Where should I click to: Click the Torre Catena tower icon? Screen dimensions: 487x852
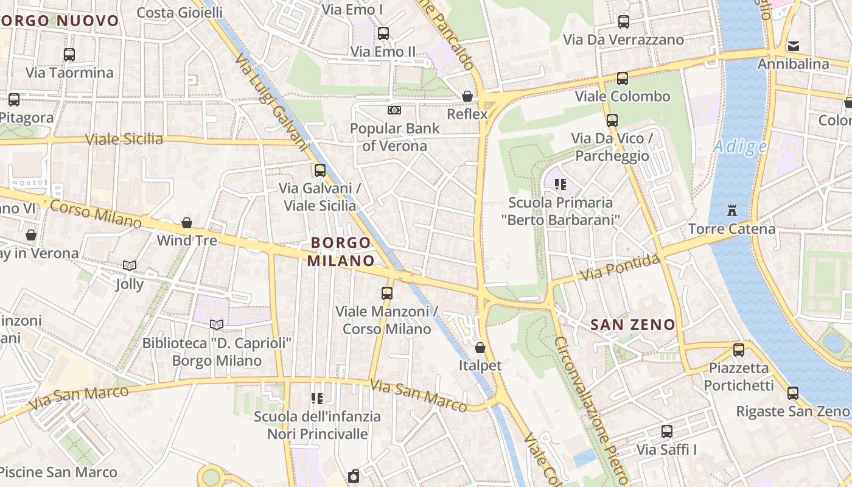[732, 211]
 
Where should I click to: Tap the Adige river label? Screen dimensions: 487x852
[739, 147]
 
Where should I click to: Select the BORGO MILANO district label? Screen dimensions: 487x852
[341, 252]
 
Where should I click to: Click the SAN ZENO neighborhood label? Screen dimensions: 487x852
[633, 325]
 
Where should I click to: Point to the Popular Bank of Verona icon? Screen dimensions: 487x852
[394, 110]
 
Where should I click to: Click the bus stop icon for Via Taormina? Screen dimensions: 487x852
[69, 55]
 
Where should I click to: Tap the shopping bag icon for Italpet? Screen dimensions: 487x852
[480, 348]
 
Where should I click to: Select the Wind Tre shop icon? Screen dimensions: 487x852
[187, 223]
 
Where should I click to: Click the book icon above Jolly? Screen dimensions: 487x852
[129, 265]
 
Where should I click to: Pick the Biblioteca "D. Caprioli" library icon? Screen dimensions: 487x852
[217, 324]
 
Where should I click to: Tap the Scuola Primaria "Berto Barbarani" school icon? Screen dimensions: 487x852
[560, 184]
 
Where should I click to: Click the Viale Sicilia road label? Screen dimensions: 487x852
[124, 139]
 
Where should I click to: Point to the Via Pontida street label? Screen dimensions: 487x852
[619, 268]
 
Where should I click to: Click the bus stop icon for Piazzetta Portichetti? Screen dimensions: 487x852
[738, 350]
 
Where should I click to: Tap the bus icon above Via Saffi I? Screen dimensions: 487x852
[667, 432]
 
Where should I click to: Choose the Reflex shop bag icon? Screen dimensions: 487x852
[467, 96]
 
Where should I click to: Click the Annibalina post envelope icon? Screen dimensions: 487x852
[793, 46]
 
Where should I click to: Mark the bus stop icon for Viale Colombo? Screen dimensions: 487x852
[622, 79]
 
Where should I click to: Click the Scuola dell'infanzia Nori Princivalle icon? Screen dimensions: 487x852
[317, 399]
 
